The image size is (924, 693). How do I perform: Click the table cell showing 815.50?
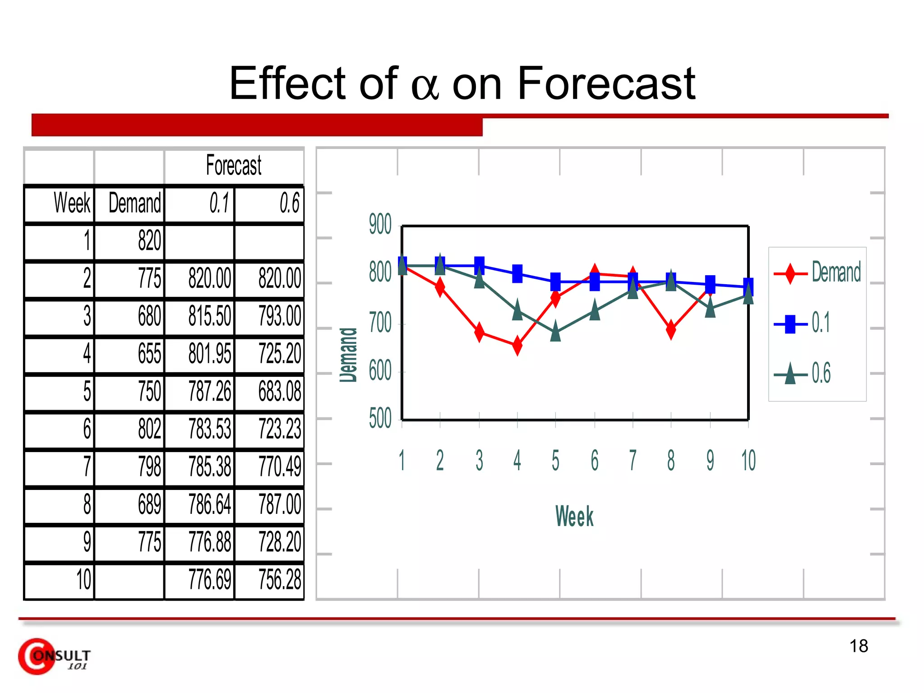(x=209, y=316)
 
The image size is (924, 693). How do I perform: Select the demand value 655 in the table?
(x=149, y=353)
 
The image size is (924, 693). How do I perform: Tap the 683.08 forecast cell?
(x=279, y=391)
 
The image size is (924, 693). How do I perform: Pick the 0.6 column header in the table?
(x=289, y=203)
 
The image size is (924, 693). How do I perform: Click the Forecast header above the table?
(x=234, y=165)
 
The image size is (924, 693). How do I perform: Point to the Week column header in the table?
(x=72, y=203)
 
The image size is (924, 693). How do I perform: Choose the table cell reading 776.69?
(x=209, y=580)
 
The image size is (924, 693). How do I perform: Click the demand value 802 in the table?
(x=149, y=429)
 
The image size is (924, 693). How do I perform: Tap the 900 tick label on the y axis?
(x=380, y=224)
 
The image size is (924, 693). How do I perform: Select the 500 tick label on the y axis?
(x=380, y=418)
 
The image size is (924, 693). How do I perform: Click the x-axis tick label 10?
(x=748, y=461)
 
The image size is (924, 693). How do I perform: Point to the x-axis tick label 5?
(x=555, y=461)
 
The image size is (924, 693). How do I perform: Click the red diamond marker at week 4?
(x=517, y=346)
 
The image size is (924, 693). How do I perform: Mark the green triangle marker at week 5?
(x=555, y=332)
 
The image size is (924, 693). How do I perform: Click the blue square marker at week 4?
(x=517, y=273)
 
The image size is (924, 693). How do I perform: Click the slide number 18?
(x=859, y=646)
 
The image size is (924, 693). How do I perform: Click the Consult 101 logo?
(x=54, y=657)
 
